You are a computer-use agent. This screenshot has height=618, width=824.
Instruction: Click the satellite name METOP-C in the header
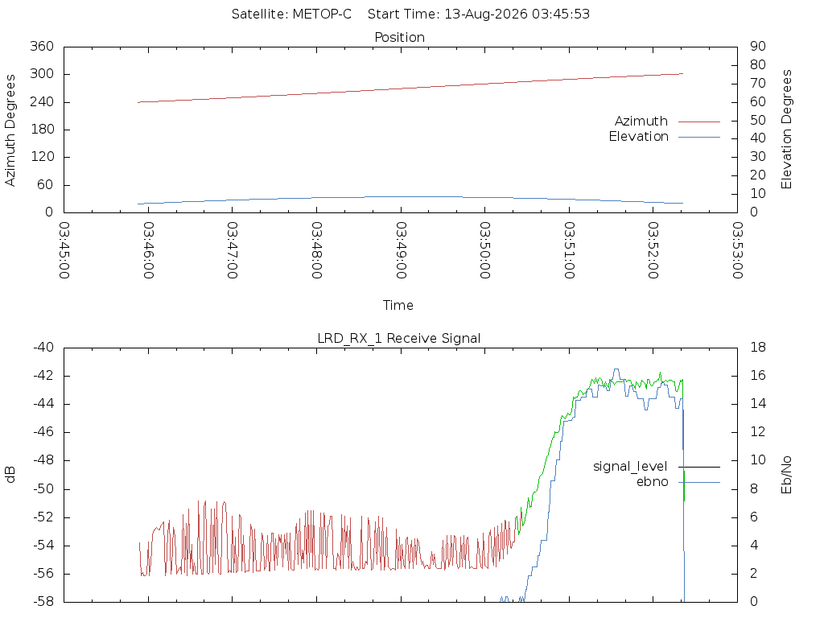(322, 14)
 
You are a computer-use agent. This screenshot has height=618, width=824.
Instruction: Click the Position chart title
(399, 37)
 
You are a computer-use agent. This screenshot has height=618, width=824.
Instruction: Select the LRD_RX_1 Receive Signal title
(399, 339)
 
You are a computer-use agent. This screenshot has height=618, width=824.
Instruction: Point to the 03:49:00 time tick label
(401, 250)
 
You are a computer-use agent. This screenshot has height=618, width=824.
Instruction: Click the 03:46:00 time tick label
(148, 250)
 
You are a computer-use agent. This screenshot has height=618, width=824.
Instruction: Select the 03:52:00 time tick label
(653, 250)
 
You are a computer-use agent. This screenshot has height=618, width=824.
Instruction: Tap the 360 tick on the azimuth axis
(42, 46)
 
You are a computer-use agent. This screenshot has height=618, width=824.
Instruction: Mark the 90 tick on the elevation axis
(758, 46)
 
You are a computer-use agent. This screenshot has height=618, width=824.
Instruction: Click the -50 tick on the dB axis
(43, 488)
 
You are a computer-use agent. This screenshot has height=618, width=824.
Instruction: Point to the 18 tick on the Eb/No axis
(758, 348)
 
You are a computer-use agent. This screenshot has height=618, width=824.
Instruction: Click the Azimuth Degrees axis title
(10, 130)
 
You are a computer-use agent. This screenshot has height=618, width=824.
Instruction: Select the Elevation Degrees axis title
(786, 130)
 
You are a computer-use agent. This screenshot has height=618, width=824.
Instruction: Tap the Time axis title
(398, 305)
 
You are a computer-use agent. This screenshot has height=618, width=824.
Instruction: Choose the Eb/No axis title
(786, 475)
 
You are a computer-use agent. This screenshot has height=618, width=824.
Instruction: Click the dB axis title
(10, 475)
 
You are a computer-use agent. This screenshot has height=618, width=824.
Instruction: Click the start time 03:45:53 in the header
(561, 14)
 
